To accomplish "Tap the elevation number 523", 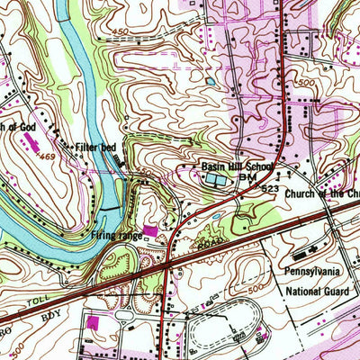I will (x=271, y=188).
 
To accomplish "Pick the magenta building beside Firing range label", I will (x=150, y=231).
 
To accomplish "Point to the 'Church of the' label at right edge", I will (x=321, y=193).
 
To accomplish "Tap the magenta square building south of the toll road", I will (x=93, y=321).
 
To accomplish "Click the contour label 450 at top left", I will (x=116, y=31).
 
